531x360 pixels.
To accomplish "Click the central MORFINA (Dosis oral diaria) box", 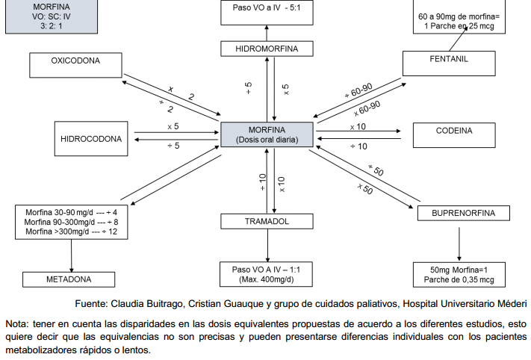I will click(267, 134).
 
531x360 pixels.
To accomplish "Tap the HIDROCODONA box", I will click(90, 138).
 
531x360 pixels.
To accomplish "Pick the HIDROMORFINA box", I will click(267, 49).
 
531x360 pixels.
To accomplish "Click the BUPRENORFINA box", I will click(463, 214).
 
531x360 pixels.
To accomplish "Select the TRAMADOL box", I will click(266, 222).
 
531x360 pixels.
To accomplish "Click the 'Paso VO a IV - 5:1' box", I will click(267, 12).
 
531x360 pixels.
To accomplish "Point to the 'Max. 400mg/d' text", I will click(267, 279).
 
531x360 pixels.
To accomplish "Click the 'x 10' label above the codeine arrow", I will click(358, 127).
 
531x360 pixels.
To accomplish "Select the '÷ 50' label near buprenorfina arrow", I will click(376, 170).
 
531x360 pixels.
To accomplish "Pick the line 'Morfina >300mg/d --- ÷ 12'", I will click(71, 232).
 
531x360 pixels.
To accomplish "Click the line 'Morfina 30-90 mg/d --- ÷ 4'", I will click(71, 212).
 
